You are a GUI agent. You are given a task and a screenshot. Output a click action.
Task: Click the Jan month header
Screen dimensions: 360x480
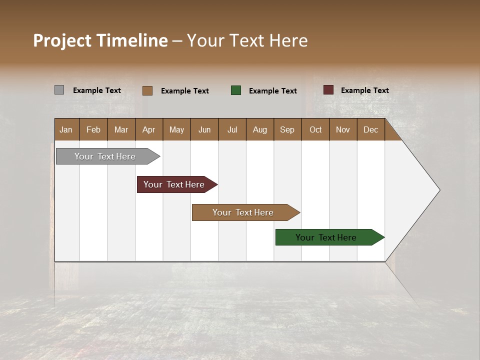pyautogui.click(x=66, y=129)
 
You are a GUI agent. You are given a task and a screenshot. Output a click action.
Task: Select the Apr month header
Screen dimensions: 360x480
pyautogui.click(x=148, y=129)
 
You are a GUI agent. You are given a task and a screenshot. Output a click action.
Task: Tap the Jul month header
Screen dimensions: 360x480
pyautogui.click(x=232, y=129)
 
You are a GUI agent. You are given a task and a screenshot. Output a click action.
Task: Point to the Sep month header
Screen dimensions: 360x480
pyautogui.click(x=287, y=129)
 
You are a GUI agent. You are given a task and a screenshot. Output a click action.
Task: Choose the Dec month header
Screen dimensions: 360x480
pyautogui.click(x=370, y=129)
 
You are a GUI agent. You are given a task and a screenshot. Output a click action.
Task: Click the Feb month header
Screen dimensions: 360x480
pyautogui.click(x=93, y=129)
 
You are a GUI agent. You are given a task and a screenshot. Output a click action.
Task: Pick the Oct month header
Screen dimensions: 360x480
pyautogui.click(x=315, y=129)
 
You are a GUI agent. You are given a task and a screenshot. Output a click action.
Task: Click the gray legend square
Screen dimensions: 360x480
pyautogui.click(x=59, y=90)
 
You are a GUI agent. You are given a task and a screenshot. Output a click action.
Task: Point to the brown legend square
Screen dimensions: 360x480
pyautogui.click(x=147, y=90)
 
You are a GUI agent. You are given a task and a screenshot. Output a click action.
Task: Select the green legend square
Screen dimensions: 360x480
pyautogui.click(x=236, y=90)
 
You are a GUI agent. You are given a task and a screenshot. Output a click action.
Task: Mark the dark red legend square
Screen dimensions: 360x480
pyautogui.click(x=328, y=90)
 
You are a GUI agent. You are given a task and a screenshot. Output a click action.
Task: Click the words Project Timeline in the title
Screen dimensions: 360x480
pyautogui.click(x=100, y=40)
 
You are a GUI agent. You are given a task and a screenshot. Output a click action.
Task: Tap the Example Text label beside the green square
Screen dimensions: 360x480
pyautogui.click(x=272, y=91)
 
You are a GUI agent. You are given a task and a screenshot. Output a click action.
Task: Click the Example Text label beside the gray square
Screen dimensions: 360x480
pyautogui.click(x=97, y=90)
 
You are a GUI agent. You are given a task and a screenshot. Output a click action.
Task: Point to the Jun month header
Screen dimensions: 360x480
pyautogui.click(x=204, y=129)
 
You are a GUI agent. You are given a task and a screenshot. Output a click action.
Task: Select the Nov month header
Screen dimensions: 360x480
pyautogui.click(x=343, y=129)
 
